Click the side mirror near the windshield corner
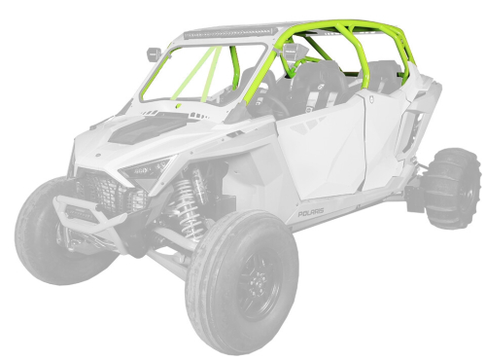click(x=156, y=52)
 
